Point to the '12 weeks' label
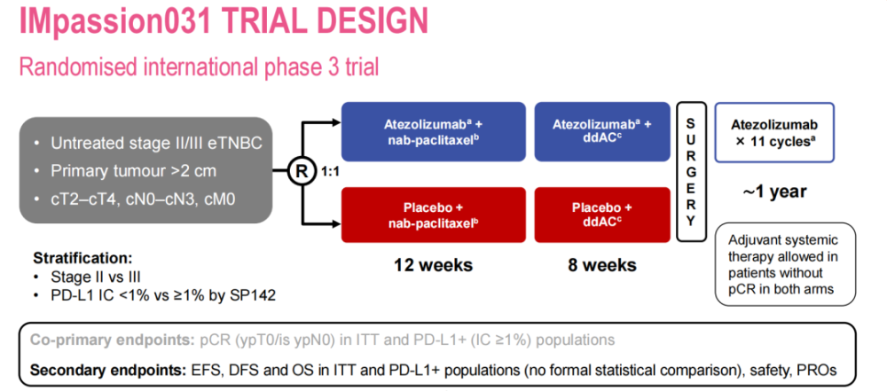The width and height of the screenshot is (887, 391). [432, 265]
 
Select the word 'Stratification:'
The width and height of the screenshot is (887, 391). [82, 259]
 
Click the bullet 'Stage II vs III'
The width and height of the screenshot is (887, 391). [96, 276]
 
